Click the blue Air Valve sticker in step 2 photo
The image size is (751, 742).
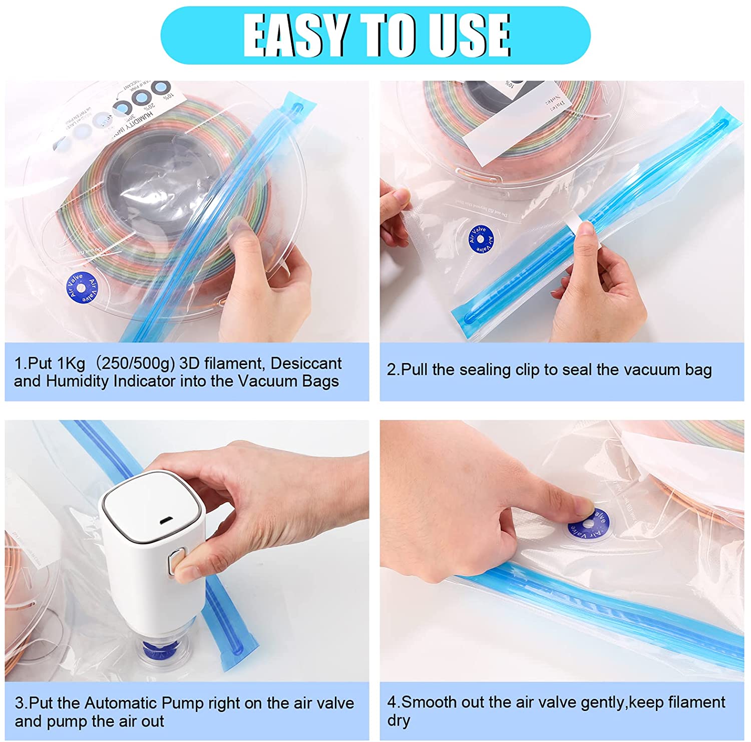pos(481,240)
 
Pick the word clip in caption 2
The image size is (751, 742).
pos(525,370)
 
